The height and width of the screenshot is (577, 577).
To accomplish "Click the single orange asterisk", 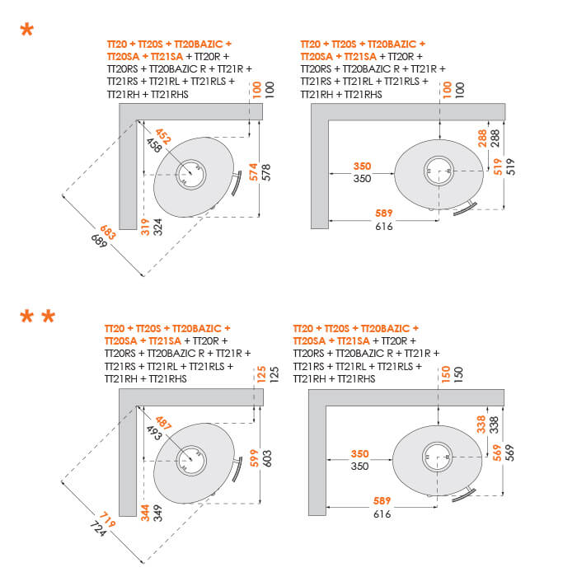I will pyautogui.click(x=27, y=31).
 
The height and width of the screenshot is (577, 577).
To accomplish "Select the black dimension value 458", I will pyautogui.click(x=153, y=145).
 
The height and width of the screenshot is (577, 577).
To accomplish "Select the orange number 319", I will pyautogui.click(x=145, y=226).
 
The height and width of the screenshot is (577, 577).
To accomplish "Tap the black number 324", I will pyautogui.click(x=157, y=226).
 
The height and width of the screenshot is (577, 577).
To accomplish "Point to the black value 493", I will pyautogui.click(x=152, y=430).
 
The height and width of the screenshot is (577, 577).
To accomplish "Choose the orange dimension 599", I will pyautogui.click(x=255, y=457).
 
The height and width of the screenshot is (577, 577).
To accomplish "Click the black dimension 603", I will pyautogui.click(x=266, y=457).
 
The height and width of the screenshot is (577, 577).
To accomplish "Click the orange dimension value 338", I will pyautogui.click(x=483, y=424).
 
